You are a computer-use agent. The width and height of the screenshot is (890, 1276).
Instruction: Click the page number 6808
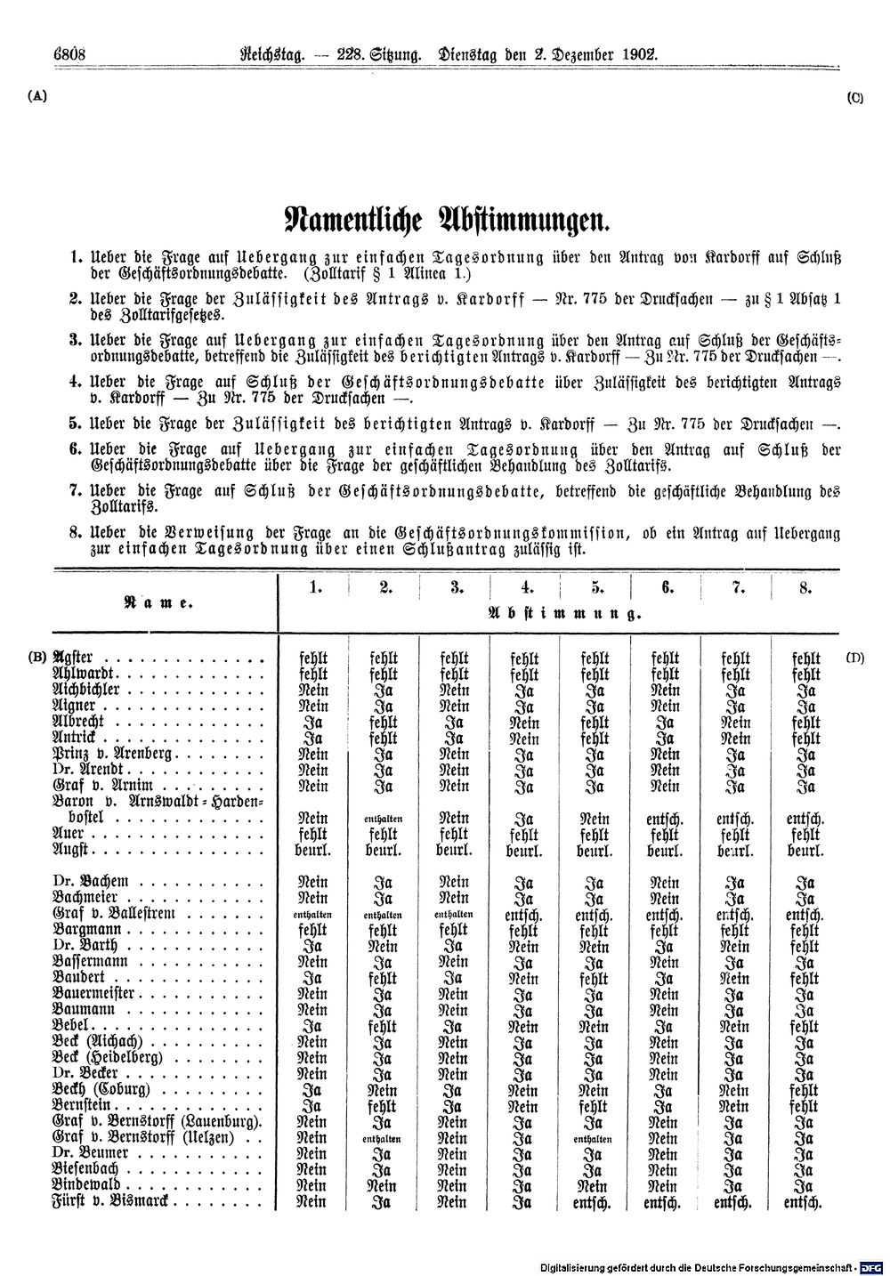pos(68,54)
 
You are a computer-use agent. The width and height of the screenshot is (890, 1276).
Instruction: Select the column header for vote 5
pos(596,587)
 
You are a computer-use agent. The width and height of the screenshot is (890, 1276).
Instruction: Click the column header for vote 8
pos(805,587)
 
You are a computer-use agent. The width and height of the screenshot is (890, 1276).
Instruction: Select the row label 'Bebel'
pos(75,1026)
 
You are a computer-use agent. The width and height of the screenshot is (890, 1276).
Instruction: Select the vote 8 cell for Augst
pos(805,851)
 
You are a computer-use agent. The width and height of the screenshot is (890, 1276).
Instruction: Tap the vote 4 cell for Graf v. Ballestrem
pos(526,914)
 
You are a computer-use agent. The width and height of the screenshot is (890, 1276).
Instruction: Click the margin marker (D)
pos(855,658)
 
